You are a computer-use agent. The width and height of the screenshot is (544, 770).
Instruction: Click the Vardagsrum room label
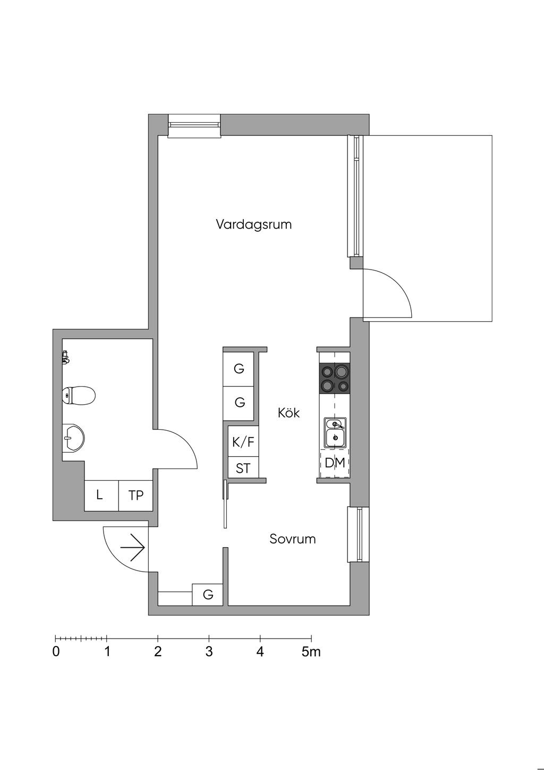click(x=254, y=224)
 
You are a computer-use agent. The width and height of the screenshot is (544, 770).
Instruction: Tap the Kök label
click(x=288, y=413)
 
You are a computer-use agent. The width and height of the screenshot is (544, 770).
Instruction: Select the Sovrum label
click(x=292, y=539)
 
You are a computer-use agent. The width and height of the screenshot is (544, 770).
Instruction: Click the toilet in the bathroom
click(x=79, y=395)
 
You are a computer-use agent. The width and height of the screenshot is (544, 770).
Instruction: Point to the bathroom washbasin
click(x=73, y=438)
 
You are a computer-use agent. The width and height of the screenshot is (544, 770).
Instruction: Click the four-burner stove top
click(x=335, y=378)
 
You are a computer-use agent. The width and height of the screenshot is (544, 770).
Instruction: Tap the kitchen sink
click(x=335, y=431)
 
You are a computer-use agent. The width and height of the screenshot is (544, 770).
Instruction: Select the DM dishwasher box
click(x=335, y=463)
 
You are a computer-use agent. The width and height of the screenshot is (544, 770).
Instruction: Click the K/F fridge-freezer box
click(x=243, y=441)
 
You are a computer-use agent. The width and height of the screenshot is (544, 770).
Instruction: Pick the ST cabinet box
click(x=243, y=468)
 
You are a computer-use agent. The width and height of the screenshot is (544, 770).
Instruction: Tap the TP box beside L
click(x=136, y=496)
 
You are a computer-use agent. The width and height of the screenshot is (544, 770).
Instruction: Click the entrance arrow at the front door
click(x=133, y=548)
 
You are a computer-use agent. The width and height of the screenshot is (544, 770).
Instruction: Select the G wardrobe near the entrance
click(x=208, y=595)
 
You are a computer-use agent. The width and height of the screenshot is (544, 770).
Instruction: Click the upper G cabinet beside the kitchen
click(x=239, y=369)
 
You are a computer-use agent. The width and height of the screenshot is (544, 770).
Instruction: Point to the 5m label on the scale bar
click(x=311, y=652)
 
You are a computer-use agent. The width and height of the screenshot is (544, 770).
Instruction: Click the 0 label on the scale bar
click(x=56, y=652)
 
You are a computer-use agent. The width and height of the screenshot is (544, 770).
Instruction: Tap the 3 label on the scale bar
click(x=209, y=652)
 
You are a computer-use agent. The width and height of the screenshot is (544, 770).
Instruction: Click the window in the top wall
click(x=194, y=125)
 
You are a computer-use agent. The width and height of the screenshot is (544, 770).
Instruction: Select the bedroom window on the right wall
click(x=358, y=534)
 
